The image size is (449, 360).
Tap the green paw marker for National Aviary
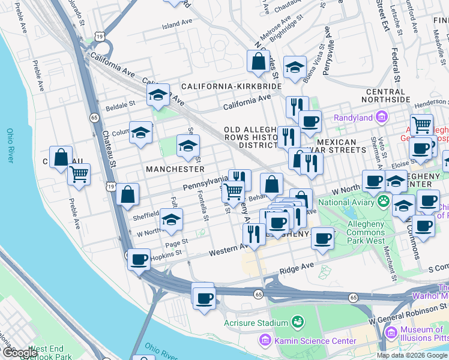pos(382,202)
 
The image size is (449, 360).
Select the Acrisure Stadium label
pos(256,323)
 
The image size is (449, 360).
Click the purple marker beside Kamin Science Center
pos(265,341)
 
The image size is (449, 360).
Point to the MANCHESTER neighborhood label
pos(175,169)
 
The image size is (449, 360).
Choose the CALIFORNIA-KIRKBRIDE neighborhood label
pos(232,87)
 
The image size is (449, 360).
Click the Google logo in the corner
pos(19,353)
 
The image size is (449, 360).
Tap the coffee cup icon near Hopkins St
pos(139,260)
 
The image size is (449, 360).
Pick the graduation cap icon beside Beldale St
pos(158,95)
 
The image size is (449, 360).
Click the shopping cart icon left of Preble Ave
pos(79,174)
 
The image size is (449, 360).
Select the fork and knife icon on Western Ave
pos(254,233)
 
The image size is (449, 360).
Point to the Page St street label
pos(176,242)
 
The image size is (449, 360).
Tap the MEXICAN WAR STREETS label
pos(342,146)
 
